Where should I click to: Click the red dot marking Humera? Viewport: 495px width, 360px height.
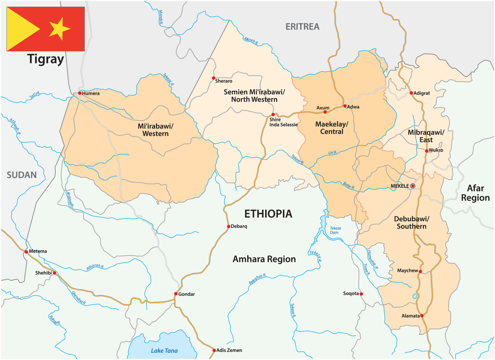pos(80,93)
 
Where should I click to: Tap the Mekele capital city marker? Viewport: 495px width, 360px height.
pos(413,186)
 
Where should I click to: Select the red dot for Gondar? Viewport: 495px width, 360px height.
pos(176,294)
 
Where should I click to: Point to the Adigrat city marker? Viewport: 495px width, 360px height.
pos(411,93)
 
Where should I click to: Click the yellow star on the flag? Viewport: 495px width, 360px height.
pos(59,29)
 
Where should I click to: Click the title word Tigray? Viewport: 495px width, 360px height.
pos(45,59)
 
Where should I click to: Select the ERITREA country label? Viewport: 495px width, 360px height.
pos(302,27)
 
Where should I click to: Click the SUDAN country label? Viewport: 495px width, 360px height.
pos(22,175)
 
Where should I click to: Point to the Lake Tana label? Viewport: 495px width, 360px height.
pos(164,351)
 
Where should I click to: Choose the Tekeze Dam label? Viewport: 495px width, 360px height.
pos(335,230)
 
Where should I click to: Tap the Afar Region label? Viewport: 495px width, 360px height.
pos(475,193)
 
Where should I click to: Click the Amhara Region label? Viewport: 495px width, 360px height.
pos(264,259)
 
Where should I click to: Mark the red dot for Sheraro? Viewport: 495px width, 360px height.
pos(214,78)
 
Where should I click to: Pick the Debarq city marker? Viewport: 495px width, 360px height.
pos(229,226)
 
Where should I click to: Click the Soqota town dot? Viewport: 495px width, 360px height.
pos(361,294)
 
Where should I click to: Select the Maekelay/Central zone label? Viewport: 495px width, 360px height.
pos(331,128)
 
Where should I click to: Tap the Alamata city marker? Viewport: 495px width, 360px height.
pos(422,315)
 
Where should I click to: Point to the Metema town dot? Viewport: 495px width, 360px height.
pos(26,252)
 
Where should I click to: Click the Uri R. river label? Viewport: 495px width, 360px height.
pos(332,153)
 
